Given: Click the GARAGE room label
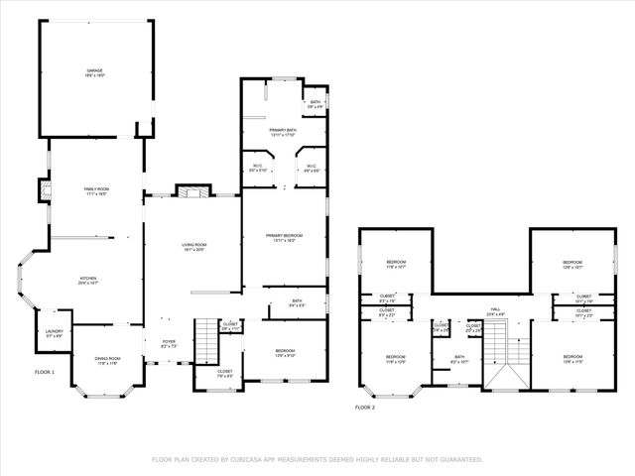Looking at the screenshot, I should coord(95,70).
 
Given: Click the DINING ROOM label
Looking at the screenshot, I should coord(107,358).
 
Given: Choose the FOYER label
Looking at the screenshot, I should coord(169,342).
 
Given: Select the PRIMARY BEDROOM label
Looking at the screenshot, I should coord(284,235).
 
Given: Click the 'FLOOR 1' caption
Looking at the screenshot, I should coord(44,371).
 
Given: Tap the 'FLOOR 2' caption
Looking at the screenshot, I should coord(366,407).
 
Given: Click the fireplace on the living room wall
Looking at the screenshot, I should coord(190,191).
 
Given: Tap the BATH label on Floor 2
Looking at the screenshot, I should coord(459,357).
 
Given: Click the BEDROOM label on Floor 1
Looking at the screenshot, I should coord(284,351).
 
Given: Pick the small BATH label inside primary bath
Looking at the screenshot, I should coord(315,101).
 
